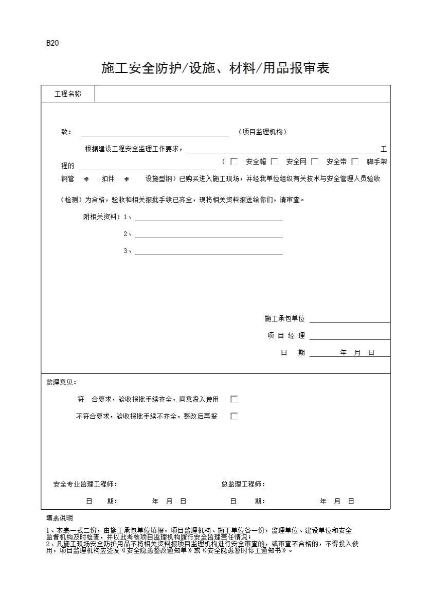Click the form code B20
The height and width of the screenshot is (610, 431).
52,43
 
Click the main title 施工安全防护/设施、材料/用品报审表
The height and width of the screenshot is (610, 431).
215,68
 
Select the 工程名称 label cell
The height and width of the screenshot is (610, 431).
68,94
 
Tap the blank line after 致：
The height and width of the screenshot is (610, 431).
155,132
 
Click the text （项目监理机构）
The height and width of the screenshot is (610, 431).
263,132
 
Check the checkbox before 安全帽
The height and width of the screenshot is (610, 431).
234,162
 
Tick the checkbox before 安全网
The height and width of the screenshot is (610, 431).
275,162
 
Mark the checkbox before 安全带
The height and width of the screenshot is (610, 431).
315,162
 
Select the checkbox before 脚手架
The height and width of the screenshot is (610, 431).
355,162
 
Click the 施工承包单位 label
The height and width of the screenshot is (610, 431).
285,319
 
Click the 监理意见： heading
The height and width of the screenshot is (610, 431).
61,383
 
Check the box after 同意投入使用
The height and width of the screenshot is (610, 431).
234,399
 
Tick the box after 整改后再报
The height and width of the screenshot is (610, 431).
234,416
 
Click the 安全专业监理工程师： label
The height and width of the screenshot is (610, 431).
85,484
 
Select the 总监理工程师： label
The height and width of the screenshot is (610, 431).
243,484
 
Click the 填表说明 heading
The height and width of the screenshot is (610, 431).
60,518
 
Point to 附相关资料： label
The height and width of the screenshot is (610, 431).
102,217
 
